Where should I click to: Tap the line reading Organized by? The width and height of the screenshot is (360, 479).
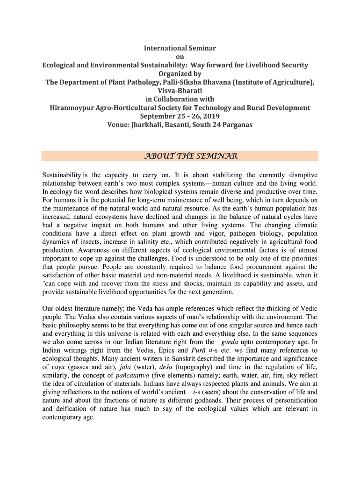[180, 73]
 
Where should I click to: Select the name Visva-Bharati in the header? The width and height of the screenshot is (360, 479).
[180, 91]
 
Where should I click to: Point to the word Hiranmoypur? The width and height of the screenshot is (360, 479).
[72, 108]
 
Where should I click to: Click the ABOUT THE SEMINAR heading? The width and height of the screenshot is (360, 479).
[180, 156]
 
